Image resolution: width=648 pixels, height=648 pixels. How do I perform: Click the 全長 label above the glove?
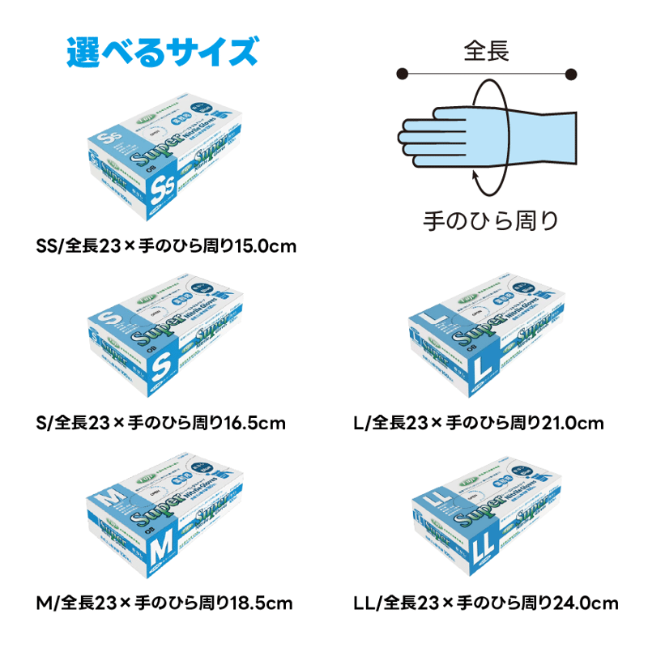point(486,52)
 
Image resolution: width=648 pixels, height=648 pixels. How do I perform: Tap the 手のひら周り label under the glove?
point(491,220)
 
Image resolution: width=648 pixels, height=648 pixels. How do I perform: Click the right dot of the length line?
point(571,75)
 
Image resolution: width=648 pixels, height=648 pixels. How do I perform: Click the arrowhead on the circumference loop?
point(478,173)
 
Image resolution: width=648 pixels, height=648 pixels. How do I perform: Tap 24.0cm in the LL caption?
point(584,603)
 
